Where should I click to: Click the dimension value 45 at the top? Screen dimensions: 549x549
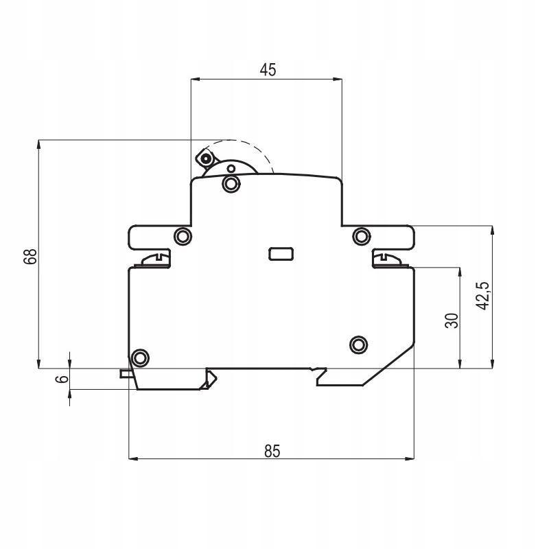(268, 70)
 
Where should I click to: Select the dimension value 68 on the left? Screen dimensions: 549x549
(30, 256)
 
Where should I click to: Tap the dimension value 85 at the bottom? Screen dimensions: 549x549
(272, 451)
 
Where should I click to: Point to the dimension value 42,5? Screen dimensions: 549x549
(484, 296)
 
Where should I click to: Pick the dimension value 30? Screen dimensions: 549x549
(452, 320)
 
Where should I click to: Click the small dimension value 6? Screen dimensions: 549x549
(62, 379)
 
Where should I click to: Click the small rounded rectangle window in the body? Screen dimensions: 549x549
(281, 254)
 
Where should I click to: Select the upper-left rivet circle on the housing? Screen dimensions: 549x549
(183, 236)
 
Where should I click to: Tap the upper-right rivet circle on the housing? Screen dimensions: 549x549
(361, 236)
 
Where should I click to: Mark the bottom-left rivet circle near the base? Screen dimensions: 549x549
(140, 358)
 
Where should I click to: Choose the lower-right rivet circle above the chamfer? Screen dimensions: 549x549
(358, 345)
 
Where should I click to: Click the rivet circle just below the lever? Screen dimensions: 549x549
(231, 183)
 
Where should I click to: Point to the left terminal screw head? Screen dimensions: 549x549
(155, 260)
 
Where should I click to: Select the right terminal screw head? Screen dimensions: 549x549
(388, 260)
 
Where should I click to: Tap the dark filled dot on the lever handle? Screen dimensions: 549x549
(207, 159)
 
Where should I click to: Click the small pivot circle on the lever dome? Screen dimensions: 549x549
(231, 169)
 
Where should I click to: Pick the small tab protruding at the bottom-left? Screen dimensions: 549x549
(126, 373)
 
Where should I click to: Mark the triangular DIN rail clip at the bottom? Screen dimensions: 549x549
(209, 380)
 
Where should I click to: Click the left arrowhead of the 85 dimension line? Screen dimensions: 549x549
(133, 458)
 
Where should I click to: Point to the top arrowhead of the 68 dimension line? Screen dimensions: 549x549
(38, 145)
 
